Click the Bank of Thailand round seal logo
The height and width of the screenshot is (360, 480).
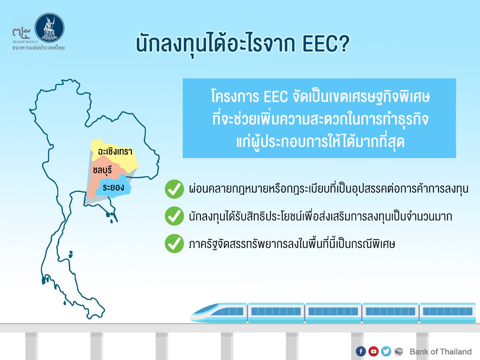click(49, 28)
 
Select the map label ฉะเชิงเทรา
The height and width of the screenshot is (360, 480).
click(115, 151)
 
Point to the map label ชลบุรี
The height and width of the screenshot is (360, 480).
click(102, 170)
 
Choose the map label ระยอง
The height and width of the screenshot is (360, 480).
click(113, 187)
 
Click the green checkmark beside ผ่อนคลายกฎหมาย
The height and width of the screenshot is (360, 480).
click(174, 189)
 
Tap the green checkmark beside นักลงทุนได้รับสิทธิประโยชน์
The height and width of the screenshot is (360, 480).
click(174, 216)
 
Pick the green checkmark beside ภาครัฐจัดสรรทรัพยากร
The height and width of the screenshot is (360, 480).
click(174, 244)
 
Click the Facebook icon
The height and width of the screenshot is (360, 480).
click(361, 351)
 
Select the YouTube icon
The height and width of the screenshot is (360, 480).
click(373, 351)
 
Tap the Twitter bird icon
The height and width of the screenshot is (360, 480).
click(386, 351)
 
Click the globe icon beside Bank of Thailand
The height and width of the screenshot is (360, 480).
click(399, 351)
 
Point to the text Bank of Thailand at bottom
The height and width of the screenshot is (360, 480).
click(440, 352)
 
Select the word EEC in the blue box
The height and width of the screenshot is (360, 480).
click(276, 97)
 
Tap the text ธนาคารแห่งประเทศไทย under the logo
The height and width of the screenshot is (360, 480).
click(38, 48)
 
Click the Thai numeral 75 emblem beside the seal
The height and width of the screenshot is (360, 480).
click(21, 32)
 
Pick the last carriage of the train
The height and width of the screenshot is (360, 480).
click(448, 313)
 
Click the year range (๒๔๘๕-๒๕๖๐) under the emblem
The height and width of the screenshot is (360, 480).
click(25, 42)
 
